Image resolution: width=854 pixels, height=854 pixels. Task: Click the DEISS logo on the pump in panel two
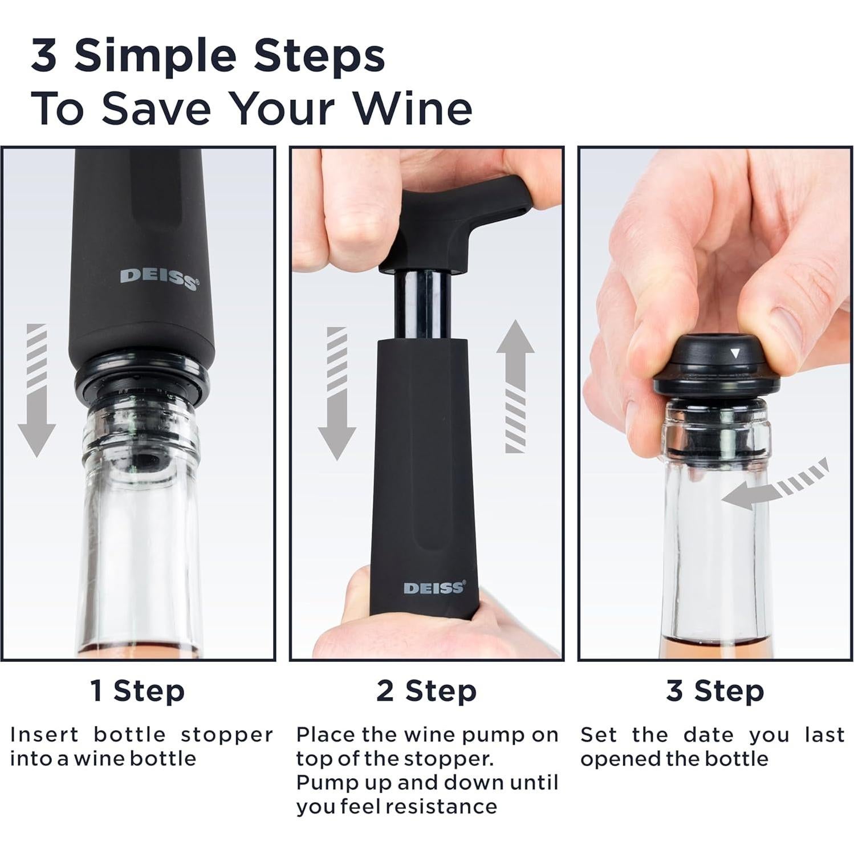434,588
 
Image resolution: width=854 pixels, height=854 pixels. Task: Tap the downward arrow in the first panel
36,391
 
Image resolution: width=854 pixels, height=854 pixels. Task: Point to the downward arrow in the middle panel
337,393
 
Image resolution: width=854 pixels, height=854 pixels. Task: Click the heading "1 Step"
138,691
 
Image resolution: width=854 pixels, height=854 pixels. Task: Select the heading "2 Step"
426,691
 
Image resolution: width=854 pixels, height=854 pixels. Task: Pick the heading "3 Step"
715,691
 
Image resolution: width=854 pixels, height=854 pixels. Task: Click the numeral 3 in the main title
43,56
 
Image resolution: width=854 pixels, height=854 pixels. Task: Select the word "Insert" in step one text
44,735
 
